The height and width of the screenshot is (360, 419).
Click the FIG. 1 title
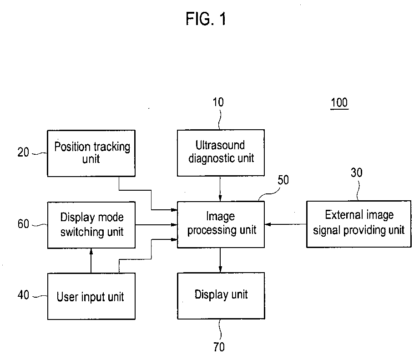coord(206,19)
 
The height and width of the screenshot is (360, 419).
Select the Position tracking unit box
coord(92,153)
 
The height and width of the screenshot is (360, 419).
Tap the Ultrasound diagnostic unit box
coord(220,152)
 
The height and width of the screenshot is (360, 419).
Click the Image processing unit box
coord(221,224)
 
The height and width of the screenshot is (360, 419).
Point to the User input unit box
coord(91,296)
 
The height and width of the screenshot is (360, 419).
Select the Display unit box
coord(221,295)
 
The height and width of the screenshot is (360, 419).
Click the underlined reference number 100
coord(339,103)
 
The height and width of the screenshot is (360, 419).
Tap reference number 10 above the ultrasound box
coord(218,102)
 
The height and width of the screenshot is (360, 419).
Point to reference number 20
coord(24,152)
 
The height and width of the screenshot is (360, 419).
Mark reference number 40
coord(24,296)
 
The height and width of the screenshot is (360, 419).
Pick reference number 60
coord(24,224)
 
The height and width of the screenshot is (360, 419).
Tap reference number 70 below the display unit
coord(219,347)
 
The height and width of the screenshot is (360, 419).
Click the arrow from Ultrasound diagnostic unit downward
coord(220,188)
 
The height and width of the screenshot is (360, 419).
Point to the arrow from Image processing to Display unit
coord(220,260)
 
